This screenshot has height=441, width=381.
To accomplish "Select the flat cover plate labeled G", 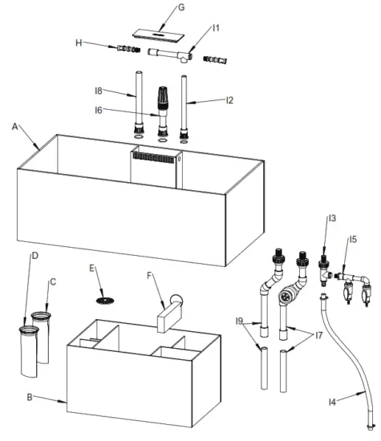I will point(161,34).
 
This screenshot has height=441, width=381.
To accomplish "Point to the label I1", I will point(216,28).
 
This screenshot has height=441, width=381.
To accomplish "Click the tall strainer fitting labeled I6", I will point(164,104).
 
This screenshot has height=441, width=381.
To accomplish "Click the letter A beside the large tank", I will point(15,126).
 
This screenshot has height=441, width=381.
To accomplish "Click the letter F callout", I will point(150,273).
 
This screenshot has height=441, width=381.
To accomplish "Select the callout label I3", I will point(330,217).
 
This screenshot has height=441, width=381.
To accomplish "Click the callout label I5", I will point(352,239).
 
